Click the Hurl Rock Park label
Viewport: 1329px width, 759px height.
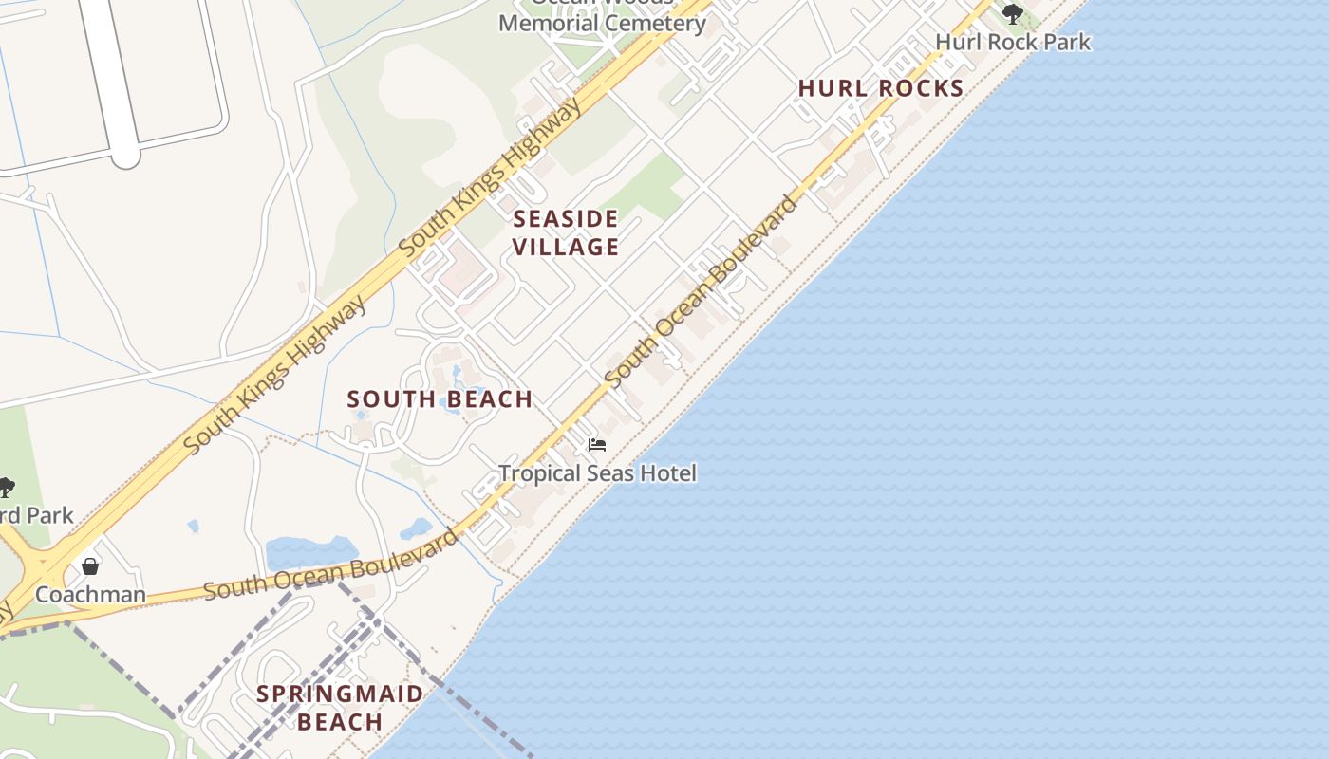click(1013, 42)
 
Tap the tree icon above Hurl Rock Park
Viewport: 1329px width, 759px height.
click(1013, 13)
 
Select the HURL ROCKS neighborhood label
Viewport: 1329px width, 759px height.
click(881, 88)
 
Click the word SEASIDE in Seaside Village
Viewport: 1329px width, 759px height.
click(566, 219)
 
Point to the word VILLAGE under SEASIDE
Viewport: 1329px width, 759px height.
click(566, 248)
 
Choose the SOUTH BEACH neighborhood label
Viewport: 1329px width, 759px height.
click(440, 399)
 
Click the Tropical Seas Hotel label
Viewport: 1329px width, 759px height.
click(598, 472)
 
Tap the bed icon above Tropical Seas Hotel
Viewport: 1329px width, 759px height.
click(597, 444)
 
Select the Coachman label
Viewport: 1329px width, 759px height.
click(90, 595)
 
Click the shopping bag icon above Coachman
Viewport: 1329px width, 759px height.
click(90, 566)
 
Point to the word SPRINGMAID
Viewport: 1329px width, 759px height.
click(340, 694)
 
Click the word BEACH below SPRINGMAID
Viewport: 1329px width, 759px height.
click(340, 722)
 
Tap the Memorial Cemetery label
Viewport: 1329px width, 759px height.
click(602, 23)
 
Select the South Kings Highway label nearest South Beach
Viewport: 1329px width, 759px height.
click(275, 374)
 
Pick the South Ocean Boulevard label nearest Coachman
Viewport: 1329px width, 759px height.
click(331, 565)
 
